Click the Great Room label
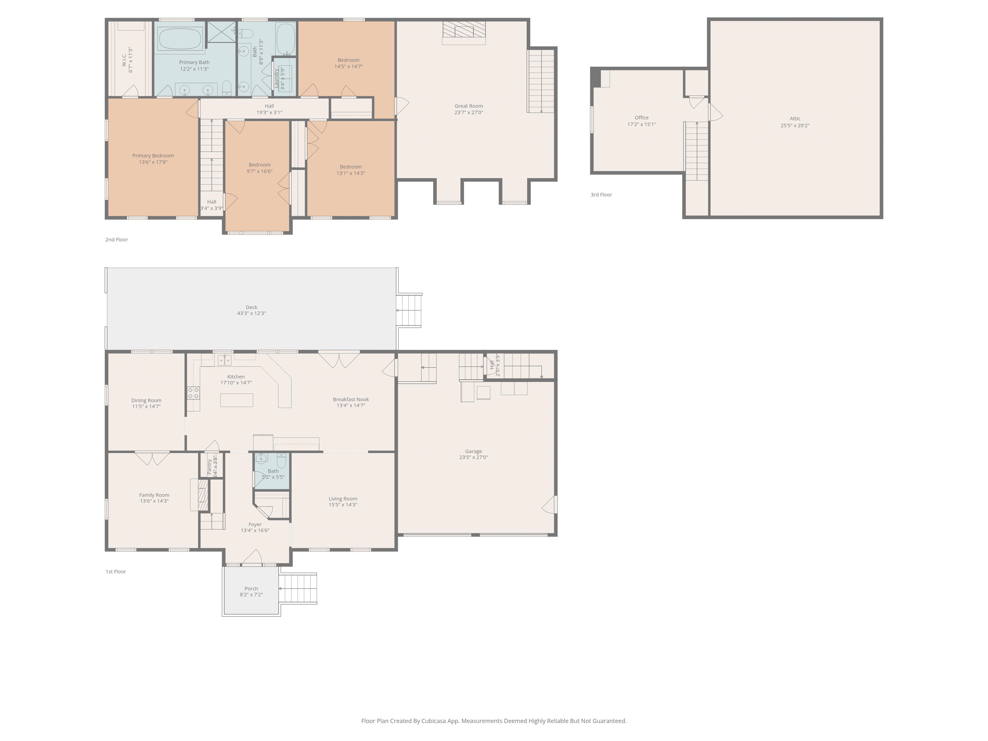(x=469, y=106)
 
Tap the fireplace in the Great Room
(x=464, y=32)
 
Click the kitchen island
(x=237, y=400)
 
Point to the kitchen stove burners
(x=193, y=393)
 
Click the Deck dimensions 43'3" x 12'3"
(x=252, y=314)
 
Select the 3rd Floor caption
(x=601, y=195)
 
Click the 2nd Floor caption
(x=116, y=240)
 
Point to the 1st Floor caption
(x=116, y=572)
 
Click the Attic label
(x=795, y=119)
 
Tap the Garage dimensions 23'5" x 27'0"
(x=473, y=457)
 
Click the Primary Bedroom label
(x=153, y=156)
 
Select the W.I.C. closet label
(x=124, y=60)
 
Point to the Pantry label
(x=209, y=467)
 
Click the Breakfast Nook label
(x=351, y=400)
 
